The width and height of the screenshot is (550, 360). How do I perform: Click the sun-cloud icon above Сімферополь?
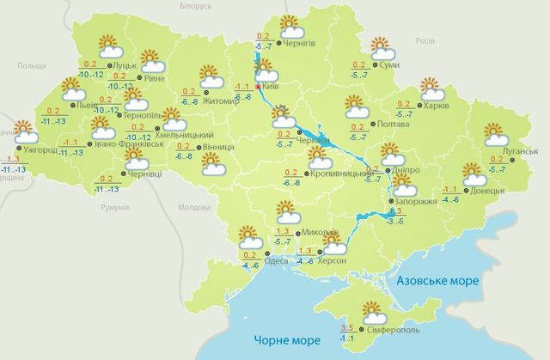tap(372, 310)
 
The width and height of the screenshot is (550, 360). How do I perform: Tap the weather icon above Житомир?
tap(211, 76)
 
